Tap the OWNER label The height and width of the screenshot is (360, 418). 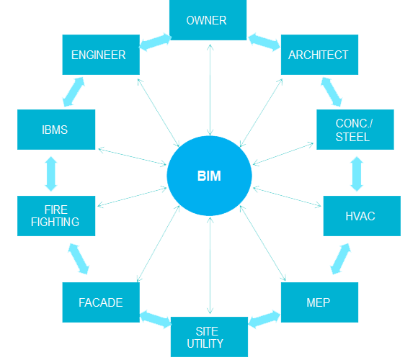[x=206, y=20]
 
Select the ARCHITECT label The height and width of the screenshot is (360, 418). [x=318, y=55]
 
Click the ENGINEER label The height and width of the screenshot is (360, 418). [x=98, y=55]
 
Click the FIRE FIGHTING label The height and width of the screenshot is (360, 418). [x=55, y=216]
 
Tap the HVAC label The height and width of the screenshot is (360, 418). [x=360, y=216]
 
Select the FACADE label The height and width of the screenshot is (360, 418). [x=100, y=302]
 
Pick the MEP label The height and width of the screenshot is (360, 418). [x=318, y=302]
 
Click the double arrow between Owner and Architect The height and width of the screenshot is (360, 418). [x=263, y=33]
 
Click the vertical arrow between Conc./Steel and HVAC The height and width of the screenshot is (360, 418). [x=357, y=173]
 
